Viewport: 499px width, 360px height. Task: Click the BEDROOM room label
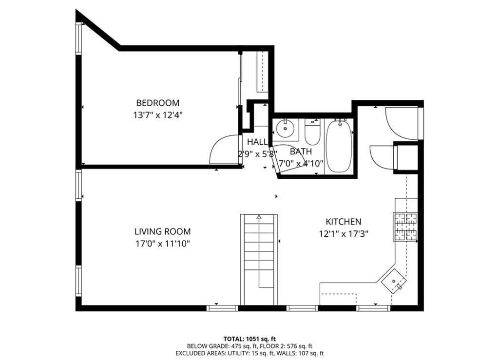[x=157, y=103]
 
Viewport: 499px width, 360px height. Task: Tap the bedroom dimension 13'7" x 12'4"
[x=157, y=115]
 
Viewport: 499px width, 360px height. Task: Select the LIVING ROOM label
[x=162, y=232]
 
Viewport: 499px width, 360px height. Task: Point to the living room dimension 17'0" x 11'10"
[x=162, y=244]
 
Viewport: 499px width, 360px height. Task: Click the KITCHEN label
[x=344, y=222]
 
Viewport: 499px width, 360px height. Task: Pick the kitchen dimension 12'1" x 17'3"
[x=344, y=233]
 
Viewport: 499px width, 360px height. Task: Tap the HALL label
[x=257, y=142]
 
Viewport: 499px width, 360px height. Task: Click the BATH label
[x=301, y=152]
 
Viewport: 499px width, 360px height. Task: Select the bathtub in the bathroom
[x=339, y=146]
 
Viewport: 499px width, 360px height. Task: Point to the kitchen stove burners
[x=405, y=227]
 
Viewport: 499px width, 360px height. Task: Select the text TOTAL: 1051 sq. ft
[x=249, y=339]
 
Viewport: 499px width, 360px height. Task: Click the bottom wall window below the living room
[x=222, y=308]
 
